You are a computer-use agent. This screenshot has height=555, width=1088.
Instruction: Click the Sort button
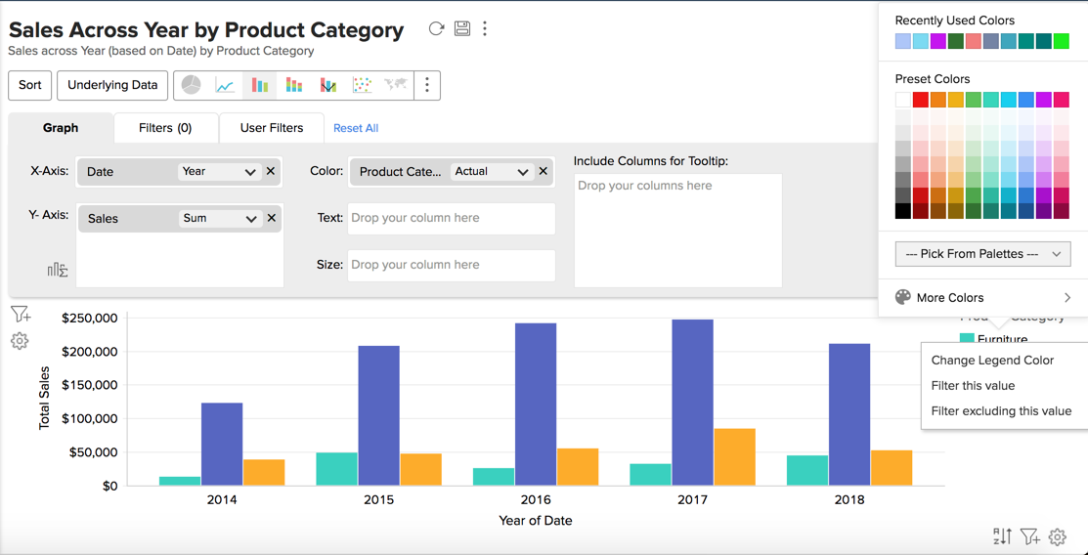point(30,85)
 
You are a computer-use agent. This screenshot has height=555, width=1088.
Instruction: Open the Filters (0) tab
point(165,128)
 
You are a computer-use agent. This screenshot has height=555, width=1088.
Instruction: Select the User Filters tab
point(272,128)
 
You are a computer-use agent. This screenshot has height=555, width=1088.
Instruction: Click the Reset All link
point(356,128)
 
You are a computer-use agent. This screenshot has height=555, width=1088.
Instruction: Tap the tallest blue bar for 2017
point(692,402)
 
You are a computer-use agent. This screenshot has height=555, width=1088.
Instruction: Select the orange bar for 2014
point(264,472)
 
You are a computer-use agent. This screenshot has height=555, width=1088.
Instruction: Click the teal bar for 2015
point(336,468)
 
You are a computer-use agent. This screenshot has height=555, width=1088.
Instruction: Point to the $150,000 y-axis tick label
point(89,385)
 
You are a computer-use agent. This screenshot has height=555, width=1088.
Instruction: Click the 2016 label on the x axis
point(536,499)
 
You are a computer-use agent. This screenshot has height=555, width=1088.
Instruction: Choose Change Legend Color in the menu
point(992,361)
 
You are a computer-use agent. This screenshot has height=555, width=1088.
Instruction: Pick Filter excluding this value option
point(1001,411)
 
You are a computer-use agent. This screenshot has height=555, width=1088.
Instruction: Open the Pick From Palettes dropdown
point(982,254)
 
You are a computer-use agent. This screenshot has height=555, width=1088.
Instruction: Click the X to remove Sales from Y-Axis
point(272,218)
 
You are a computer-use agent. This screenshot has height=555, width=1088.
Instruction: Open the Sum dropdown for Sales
point(220,218)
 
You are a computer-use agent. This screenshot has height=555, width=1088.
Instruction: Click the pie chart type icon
point(192,85)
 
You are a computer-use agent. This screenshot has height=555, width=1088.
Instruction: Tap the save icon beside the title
point(462,29)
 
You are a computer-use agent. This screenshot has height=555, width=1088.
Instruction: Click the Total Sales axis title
point(44,399)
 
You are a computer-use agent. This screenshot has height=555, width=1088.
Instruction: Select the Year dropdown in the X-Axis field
point(219,171)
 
